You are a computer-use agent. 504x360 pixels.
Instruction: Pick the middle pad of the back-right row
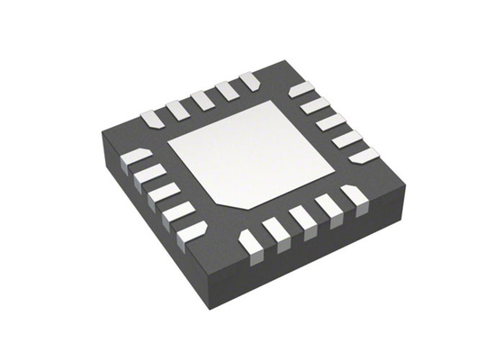coord(330,122)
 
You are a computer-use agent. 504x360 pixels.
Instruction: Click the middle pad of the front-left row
coord(165,193)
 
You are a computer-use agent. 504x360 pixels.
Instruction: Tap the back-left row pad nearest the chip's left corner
coord(152,117)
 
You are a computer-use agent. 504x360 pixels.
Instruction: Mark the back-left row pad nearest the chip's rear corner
coord(249,81)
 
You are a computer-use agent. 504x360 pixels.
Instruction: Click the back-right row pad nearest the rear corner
coord(301,89)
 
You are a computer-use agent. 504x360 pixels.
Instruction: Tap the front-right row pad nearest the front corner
coord(250,240)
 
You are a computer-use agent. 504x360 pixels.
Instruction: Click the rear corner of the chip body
coord(282,62)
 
